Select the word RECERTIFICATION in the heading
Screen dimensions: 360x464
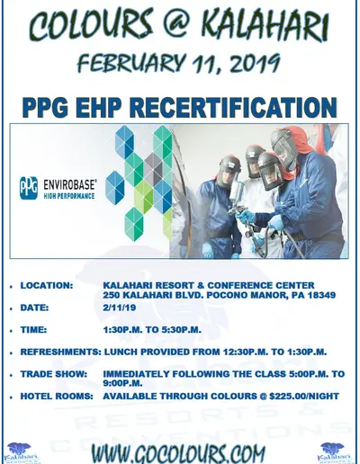tap(233, 107)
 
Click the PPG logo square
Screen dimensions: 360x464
tap(29, 188)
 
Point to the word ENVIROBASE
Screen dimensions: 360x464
tap(70, 184)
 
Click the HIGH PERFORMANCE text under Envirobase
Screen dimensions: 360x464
tap(69, 196)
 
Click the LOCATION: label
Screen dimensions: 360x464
tap(47, 285)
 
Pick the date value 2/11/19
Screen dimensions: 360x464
tap(120, 308)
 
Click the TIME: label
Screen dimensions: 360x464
tap(33, 330)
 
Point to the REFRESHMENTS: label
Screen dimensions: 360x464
tap(60, 352)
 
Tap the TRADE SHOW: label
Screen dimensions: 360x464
tap(54, 374)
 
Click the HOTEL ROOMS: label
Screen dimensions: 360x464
tap(57, 396)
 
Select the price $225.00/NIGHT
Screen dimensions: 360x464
tap(304, 396)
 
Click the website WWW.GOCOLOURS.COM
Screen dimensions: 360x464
tap(178, 453)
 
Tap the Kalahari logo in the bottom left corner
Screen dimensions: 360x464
tap(22, 453)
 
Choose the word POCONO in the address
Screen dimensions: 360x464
tap(228, 295)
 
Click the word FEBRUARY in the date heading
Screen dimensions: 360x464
tap(131, 64)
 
